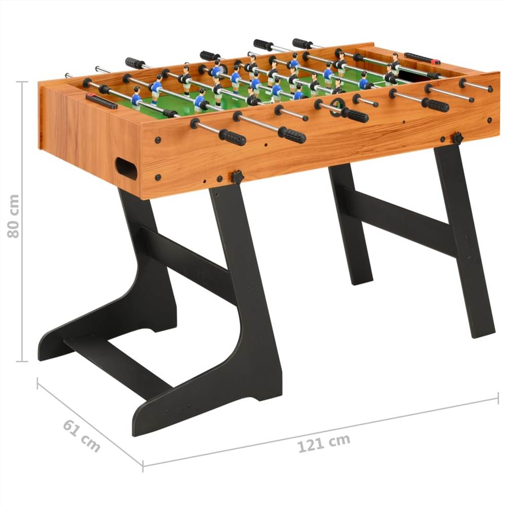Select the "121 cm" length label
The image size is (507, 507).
(323, 443)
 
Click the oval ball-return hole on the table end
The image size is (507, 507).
(126, 168)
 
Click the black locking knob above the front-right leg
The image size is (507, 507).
(457, 138)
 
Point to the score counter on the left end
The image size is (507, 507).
(101, 101)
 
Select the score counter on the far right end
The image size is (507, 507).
(422, 59)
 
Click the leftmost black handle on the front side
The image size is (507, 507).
(232, 137)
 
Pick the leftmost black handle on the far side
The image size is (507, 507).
(135, 63)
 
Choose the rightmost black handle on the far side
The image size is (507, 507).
(302, 44)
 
